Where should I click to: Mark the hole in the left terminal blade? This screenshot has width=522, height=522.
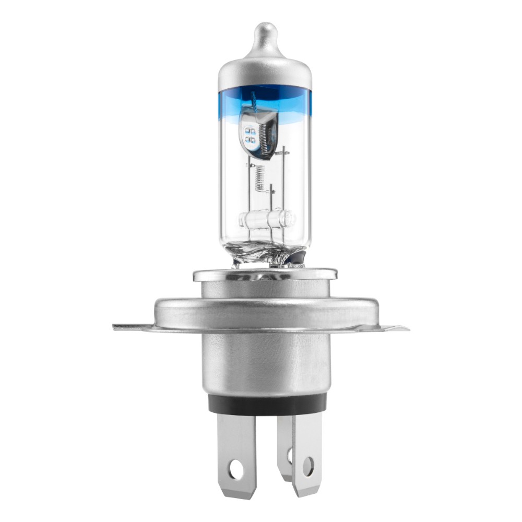[238, 463]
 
